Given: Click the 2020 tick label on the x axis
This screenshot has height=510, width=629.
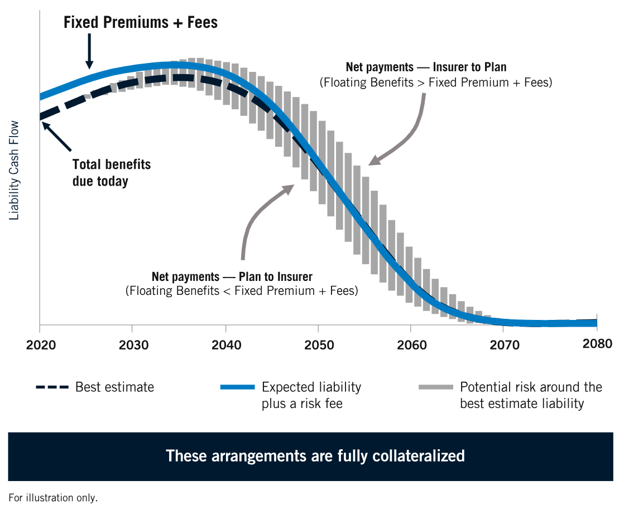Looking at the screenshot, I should [40, 345].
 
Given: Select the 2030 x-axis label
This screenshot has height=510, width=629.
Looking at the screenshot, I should [133, 345].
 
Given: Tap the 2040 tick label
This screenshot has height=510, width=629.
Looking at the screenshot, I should [227, 345].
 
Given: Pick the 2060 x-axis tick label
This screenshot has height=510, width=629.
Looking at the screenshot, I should [412, 345].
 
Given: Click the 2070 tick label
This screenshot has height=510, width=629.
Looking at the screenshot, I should [505, 345].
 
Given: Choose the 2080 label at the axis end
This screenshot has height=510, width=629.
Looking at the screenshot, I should [597, 343].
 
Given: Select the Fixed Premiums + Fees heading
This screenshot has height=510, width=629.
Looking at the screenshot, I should [140, 22].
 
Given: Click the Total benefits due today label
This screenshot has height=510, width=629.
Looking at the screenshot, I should [111, 173].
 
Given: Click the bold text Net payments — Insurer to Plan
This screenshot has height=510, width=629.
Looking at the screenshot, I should [426, 67].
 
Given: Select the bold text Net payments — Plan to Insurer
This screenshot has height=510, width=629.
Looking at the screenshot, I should [232, 276].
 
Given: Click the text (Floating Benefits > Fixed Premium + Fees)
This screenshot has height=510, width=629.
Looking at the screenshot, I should [435, 82].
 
